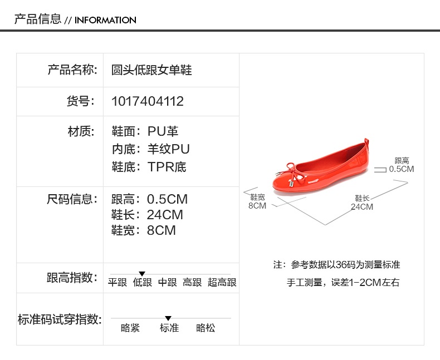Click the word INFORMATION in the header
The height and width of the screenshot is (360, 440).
tap(105, 20)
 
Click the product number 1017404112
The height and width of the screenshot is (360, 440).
tap(148, 101)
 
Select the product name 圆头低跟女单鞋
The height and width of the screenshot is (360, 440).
tap(151, 70)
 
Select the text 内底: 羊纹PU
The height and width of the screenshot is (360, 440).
tap(150, 149)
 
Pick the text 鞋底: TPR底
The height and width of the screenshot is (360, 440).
tap(149, 167)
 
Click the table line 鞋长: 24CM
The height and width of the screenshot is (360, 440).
tap(147, 215)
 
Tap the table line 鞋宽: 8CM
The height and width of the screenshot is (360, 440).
tap(143, 230)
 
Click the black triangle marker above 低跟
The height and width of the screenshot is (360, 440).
tap(142, 274)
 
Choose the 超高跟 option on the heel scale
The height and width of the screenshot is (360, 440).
tap(222, 283)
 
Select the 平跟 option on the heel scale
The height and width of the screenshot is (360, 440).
tap(117, 283)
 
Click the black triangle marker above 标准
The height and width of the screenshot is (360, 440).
tap(168, 318)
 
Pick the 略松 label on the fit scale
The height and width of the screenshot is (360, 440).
tap(206, 328)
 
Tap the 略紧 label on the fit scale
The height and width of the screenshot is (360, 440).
tap(130, 328)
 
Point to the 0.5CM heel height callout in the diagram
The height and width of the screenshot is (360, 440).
tap(402, 169)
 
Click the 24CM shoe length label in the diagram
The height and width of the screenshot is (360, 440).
tap(362, 207)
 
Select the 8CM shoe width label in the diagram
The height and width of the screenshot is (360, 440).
tap(257, 205)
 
